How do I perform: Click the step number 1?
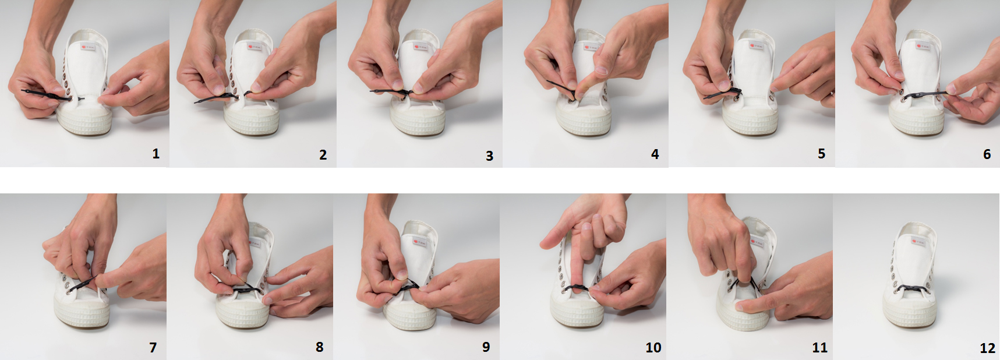pos(156,154)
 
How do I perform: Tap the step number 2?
pos(323,155)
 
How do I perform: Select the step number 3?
pos(489,156)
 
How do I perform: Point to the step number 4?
pos(655,154)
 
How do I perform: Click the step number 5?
pos(821,154)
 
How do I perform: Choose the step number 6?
pos(987,154)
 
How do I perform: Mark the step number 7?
pos(153,348)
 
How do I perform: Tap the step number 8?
pos(319,347)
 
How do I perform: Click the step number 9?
pos(486,347)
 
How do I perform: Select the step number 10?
pos(653,348)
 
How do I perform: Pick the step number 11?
pos(819,348)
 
